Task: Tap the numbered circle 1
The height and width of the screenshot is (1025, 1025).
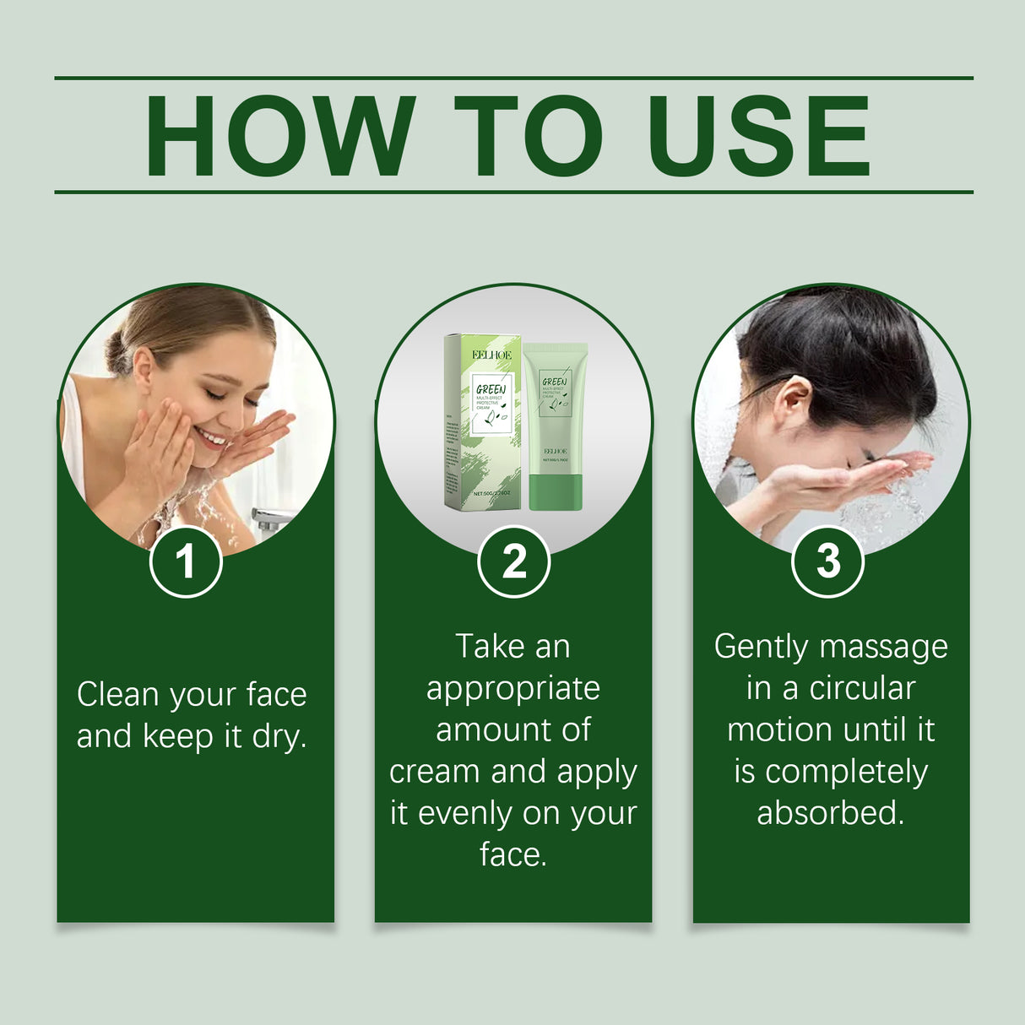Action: point(186,561)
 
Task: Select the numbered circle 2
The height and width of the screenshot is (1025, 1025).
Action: point(513,561)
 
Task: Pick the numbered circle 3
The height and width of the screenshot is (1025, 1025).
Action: point(828,561)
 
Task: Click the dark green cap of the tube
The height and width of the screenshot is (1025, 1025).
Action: point(555,492)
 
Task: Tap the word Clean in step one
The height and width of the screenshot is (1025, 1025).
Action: point(118,695)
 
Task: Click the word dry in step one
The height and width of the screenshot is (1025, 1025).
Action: point(278,736)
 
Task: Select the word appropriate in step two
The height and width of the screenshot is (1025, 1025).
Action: point(512,689)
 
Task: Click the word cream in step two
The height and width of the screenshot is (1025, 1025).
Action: point(436,772)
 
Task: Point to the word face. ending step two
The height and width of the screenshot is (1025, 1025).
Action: point(512,854)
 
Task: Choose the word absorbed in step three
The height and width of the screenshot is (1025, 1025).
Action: point(830,813)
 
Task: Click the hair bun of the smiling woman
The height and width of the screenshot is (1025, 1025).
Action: point(119,350)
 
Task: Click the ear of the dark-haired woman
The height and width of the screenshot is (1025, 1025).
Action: point(793,403)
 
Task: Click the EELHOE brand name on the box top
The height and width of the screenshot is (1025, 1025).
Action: point(491,355)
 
